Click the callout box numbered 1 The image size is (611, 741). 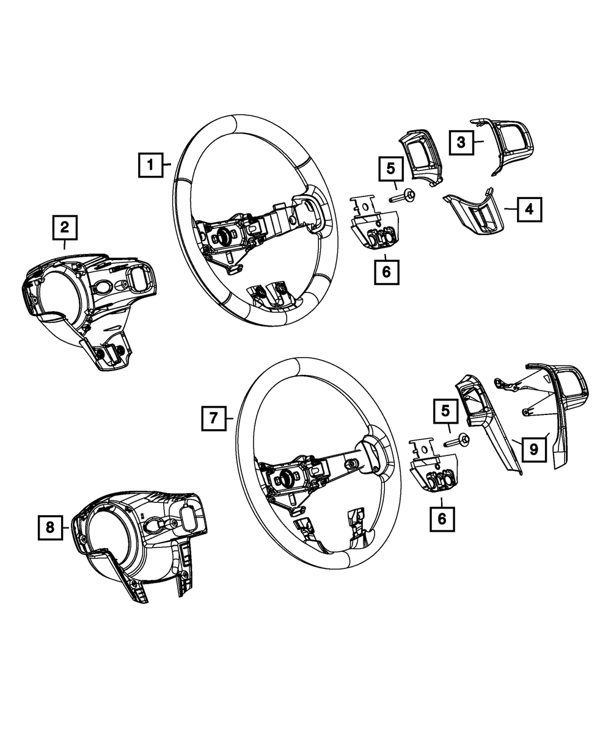tap(150, 165)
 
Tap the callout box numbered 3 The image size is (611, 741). tap(461, 143)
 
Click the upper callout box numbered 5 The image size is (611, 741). tap(391, 169)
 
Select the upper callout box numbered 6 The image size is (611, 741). tap(386, 272)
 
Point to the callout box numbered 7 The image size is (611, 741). tap(214, 418)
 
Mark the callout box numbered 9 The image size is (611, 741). tap(533, 450)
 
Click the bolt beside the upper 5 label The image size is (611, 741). tap(404, 196)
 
